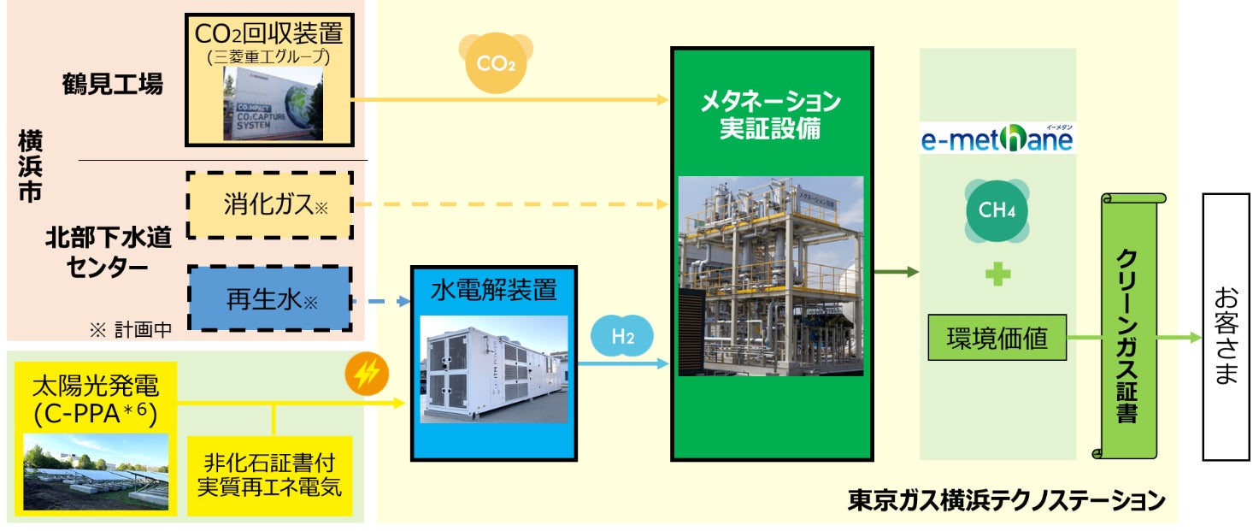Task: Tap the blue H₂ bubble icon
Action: [622, 337]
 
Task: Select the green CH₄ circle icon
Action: [997, 209]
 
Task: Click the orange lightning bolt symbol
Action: [367, 375]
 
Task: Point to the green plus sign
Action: [997, 275]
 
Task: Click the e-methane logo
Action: [997, 139]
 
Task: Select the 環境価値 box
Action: [997, 338]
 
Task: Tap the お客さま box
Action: [1226, 327]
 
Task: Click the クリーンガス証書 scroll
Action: [1128, 325]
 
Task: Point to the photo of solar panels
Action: [96, 471]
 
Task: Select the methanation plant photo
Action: [770, 275]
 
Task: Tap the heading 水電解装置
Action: [494, 290]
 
